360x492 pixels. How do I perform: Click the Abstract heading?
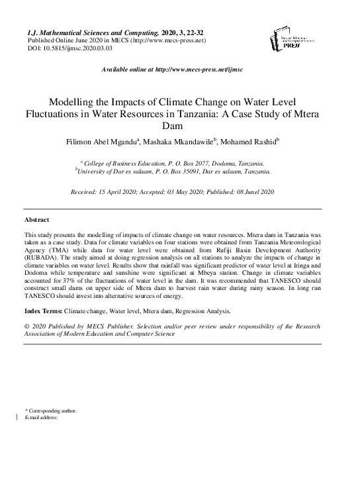36,219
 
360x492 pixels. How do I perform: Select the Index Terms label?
43,311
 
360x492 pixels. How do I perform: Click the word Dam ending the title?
180,126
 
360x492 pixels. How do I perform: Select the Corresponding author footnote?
51,411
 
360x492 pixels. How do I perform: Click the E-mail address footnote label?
42,418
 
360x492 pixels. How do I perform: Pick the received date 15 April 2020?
120,191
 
